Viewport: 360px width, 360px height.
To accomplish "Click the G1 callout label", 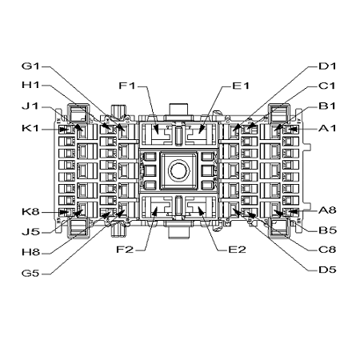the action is click(x=30, y=66).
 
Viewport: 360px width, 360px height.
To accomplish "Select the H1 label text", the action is click(x=30, y=85).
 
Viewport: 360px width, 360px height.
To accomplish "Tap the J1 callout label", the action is click(x=30, y=106).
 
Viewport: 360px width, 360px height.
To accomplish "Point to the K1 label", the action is click(x=30, y=128).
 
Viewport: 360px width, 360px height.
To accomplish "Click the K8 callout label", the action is click(x=30, y=212).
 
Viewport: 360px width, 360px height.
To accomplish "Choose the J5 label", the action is click(x=30, y=232).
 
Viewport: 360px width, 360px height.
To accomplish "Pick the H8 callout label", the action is click(x=30, y=252).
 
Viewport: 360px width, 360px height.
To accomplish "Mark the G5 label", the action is click(x=30, y=274).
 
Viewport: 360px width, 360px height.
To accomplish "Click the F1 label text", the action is click(x=127, y=86).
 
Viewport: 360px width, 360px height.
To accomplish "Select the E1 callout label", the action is click(x=241, y=86).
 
